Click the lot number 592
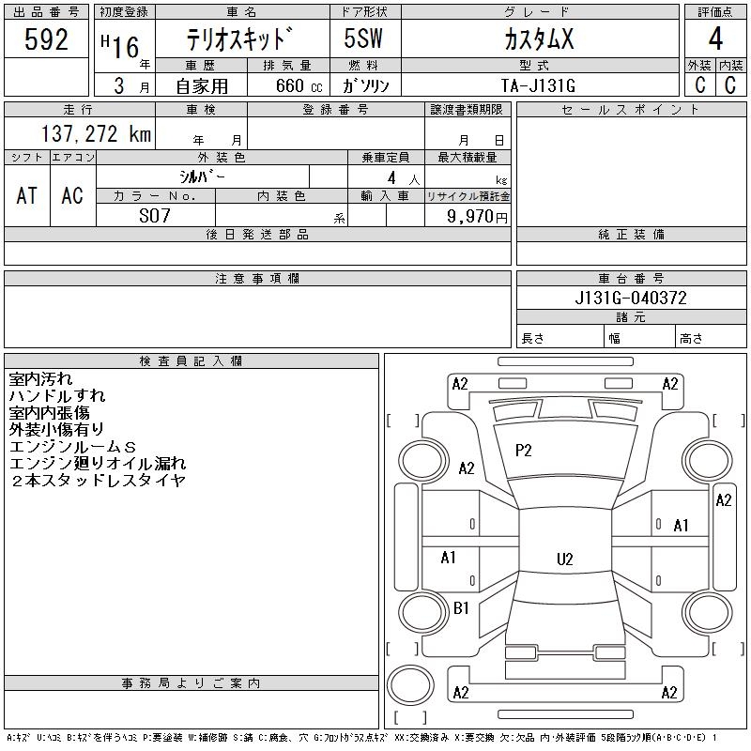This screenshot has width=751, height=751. [47, 40]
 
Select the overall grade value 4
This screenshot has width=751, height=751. [715, 40]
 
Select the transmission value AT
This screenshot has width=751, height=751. [27, 195]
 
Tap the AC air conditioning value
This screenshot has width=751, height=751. [72, 195]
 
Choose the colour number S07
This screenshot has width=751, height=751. [155, 216]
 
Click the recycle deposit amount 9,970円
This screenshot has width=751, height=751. [467, 217]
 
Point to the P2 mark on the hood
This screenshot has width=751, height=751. [524, 451]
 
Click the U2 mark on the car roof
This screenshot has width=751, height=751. [564, 559]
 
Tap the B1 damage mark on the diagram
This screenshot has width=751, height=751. [461, 608]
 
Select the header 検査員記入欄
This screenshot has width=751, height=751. [191, 361]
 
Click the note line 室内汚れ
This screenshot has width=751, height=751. [39, 379]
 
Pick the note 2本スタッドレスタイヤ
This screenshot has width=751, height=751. [98, 481]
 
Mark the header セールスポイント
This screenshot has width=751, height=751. [630, 110]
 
